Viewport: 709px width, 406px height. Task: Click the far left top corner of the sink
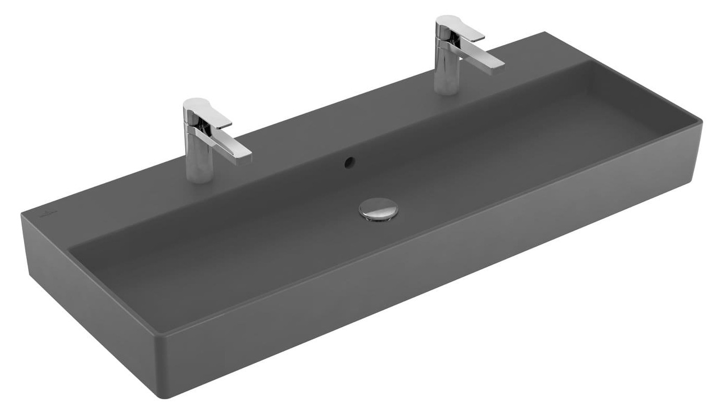[22, 213]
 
